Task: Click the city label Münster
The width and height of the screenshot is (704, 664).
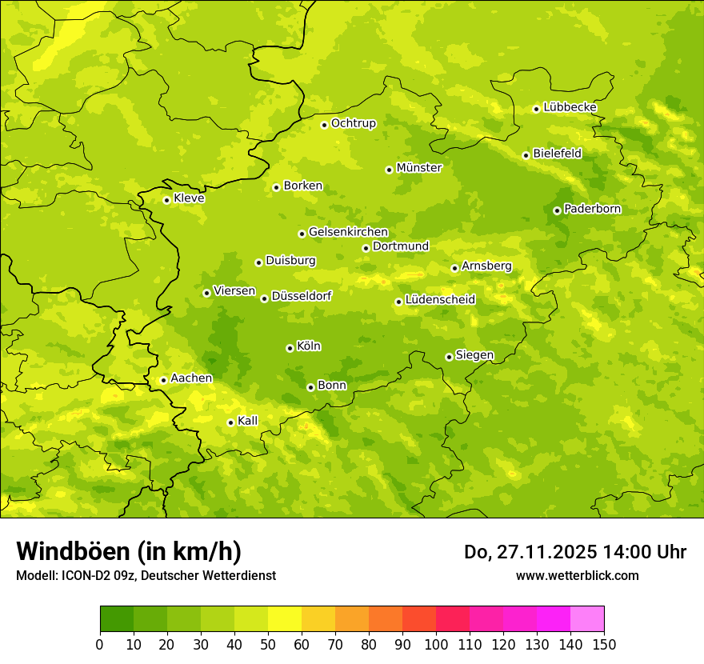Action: [418, 168]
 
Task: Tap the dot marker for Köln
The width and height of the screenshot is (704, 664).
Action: [290, 348]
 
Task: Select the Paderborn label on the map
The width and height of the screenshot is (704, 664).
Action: [592, 209]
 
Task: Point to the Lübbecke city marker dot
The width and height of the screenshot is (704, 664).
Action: [536, 109]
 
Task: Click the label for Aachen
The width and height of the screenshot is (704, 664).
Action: [191, 378]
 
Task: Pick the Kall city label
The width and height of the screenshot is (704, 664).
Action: [247, 421]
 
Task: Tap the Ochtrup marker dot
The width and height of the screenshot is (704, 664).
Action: [324, 125]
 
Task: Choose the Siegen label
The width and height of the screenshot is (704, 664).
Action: [474, 355]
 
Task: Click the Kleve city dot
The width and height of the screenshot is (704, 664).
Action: [166, 200]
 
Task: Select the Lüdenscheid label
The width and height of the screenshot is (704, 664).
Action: [440, 300]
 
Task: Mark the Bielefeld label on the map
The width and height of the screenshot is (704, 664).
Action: [557, 154]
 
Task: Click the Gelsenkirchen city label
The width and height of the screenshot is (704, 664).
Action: [348, 232]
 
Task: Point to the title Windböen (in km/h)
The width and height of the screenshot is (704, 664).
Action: [128, 551]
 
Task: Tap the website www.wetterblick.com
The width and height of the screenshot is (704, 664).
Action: [577, 576]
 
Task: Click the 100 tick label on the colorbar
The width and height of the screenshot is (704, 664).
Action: [436, 644]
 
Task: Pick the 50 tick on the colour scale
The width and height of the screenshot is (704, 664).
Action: [268, 644]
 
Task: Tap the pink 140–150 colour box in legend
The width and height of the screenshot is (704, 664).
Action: [587, 618]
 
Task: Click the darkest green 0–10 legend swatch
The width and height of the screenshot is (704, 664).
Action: [117, 618]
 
